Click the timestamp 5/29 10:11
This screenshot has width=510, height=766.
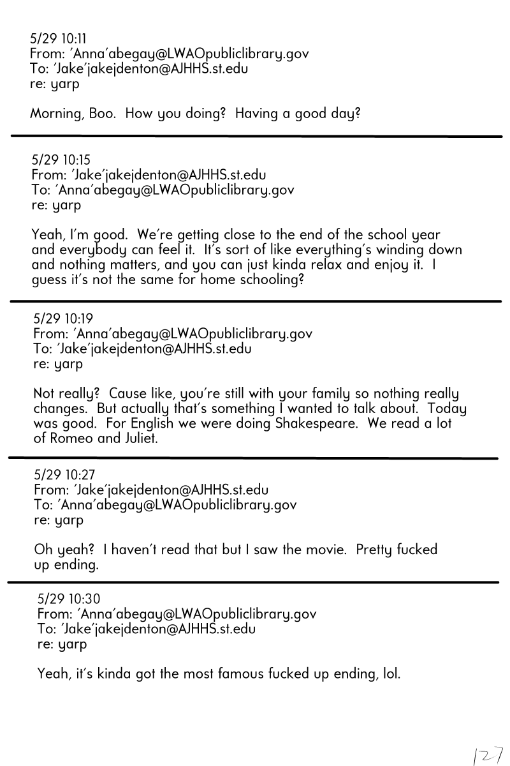tap(59, 38)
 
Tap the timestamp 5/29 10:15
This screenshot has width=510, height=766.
tap(61, 160)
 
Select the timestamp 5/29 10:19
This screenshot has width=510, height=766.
tap(62, 318)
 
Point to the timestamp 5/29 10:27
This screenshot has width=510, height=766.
tap(63, 475)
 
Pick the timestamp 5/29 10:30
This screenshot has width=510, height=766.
tap(68, 599)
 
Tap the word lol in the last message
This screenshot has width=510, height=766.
tap(390, 673)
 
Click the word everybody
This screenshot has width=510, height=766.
tap(87, 250)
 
